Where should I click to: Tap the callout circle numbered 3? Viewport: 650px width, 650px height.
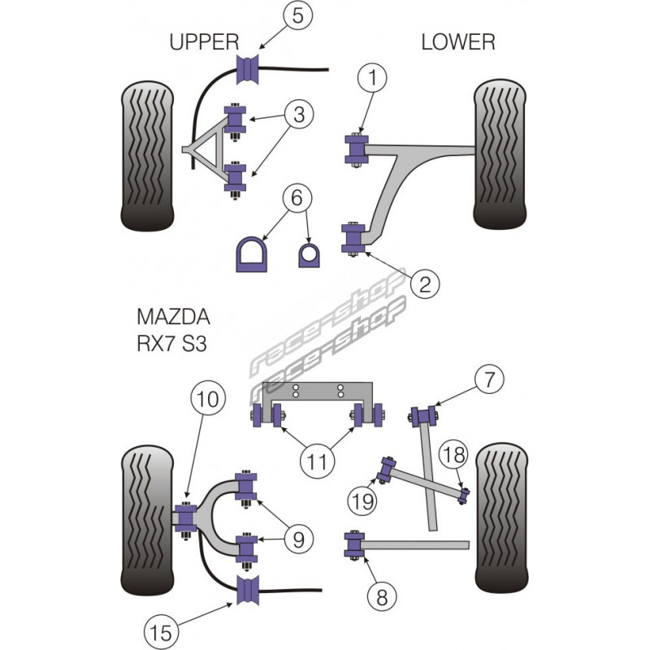[x=300, y=115]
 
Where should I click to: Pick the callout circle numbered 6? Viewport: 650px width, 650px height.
[x=296, y=197]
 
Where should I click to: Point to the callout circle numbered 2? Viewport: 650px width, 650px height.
[x=425, y=284]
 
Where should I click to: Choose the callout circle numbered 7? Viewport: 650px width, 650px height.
[x=490, y=379]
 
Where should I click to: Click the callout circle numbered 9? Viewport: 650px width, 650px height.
[x=299, y=536]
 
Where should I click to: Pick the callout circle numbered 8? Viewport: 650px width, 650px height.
[x=381, y=599]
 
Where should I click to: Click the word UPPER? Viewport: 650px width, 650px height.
[x=204, y=42]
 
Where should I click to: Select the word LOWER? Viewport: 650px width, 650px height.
[x=457, y=42]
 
